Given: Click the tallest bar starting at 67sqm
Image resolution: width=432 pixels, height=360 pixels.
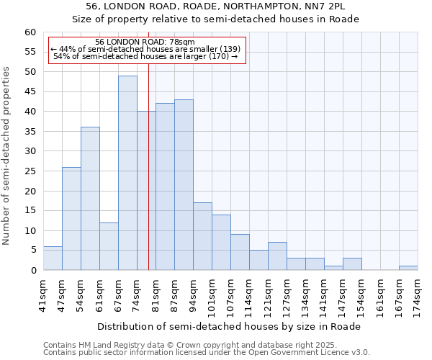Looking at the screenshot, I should point(127,173).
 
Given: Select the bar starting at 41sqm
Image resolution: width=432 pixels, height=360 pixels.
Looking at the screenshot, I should point(53,258).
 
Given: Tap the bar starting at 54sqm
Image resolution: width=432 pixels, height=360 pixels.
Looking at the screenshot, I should point(90,199).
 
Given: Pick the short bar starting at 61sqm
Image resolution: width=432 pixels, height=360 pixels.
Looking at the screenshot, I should point(109,246).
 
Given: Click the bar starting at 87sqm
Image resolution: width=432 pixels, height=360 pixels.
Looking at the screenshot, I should point(184,185).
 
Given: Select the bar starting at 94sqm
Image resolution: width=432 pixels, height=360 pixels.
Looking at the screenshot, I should point(202,236).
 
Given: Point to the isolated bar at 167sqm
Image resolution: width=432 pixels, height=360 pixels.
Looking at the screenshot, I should point(408,268).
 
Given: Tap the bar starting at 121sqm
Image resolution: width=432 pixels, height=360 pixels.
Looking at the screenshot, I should point(277,256).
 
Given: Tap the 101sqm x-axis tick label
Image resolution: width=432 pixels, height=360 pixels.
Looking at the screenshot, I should point(212,294).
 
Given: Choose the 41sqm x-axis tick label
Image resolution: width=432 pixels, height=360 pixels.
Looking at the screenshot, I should point(43,294).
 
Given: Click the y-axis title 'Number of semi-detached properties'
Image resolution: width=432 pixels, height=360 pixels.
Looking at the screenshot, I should point(7,156).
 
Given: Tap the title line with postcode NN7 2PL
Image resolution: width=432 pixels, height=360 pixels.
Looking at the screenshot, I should point(215,6).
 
